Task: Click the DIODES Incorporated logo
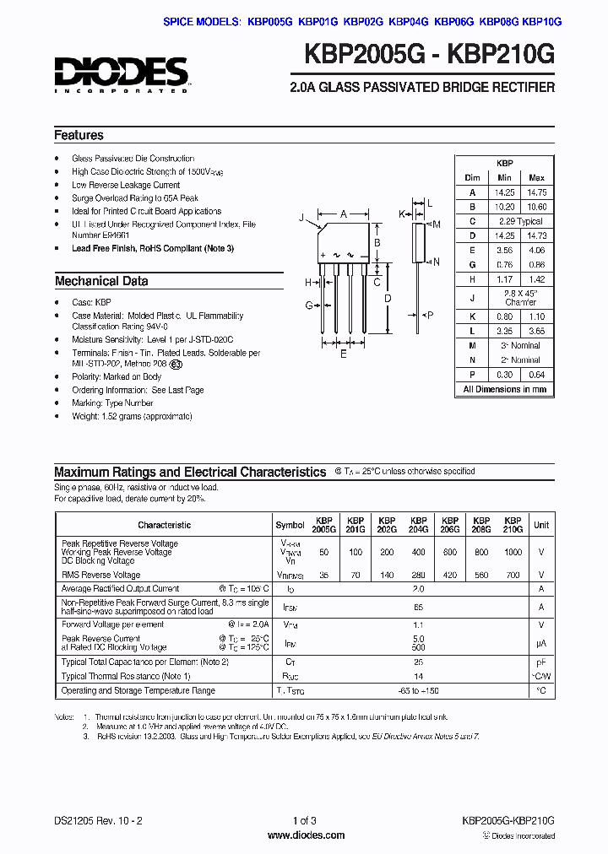click(122, 73)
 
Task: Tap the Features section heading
click(79, 135)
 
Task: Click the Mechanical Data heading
click(101, 281)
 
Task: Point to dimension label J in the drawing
click(301, 218)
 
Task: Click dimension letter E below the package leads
click(343, 354)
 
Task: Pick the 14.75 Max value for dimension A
click(536, 192)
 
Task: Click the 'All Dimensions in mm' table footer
click(505, 389)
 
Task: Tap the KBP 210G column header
click(513, 525)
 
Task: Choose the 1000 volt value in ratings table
click(513, 551)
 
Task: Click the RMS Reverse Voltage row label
click(100, 575)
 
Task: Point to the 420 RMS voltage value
click(450, 575)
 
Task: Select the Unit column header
click(541, 525)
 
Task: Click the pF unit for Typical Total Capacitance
click(541, 662)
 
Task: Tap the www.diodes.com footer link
click(303, 835)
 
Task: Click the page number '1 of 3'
click(304, 820)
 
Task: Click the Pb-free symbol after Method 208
click(175, 365)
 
